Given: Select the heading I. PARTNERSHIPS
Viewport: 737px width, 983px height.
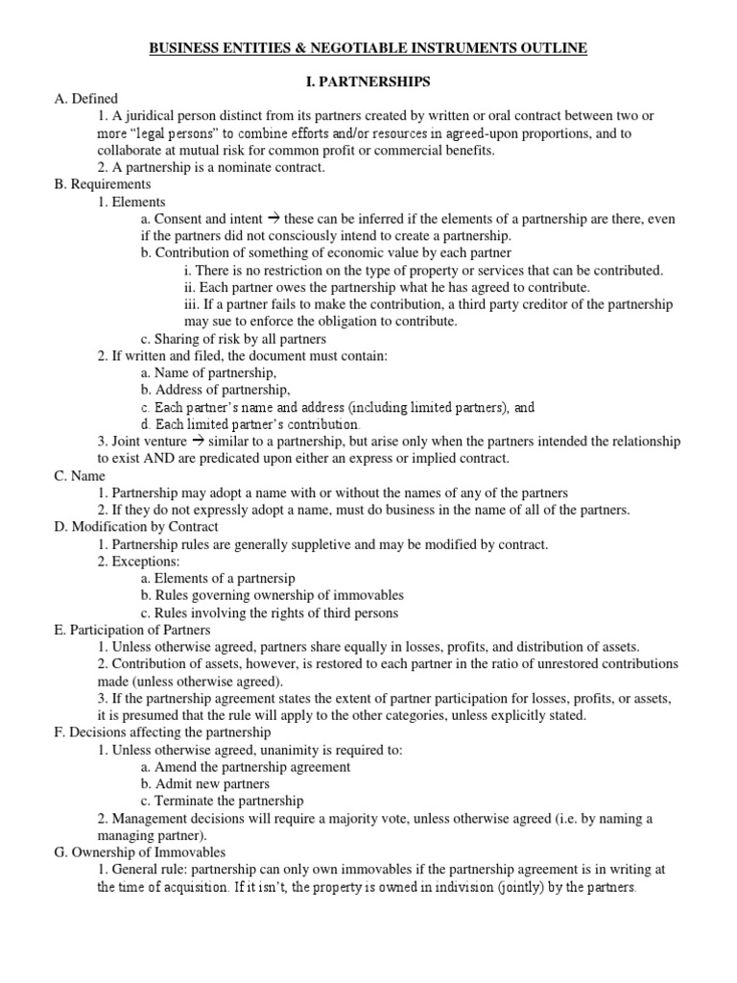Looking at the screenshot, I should pos(368,82).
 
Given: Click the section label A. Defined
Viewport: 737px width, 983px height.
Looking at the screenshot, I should pos(85,98).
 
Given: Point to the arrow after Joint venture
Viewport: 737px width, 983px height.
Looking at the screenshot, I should pos(199,441).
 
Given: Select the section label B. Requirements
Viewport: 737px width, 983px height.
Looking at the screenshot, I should pos(103,183).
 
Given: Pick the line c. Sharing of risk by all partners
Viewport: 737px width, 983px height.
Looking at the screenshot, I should pos(233,338).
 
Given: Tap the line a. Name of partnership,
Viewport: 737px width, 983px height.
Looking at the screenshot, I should pos(208,372).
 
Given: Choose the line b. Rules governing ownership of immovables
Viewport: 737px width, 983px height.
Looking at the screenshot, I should pos(272,595).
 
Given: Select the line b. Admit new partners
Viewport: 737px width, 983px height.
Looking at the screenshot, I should pos(204,783).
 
